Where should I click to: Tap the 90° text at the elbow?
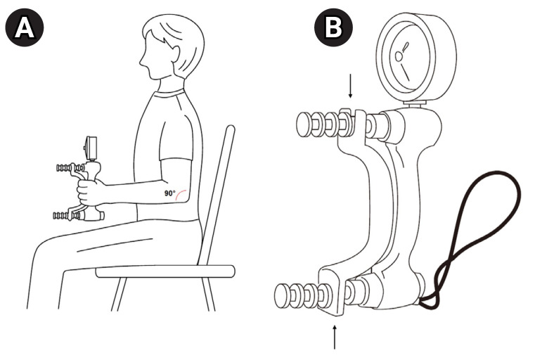coord(170,193)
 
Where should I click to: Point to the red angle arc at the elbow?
coord(183,193)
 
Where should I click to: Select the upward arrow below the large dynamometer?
coord(334,336)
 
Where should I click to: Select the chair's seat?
coord(165,271)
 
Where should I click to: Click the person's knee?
coord(42,246)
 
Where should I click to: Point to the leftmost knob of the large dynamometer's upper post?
coord(304,126)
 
